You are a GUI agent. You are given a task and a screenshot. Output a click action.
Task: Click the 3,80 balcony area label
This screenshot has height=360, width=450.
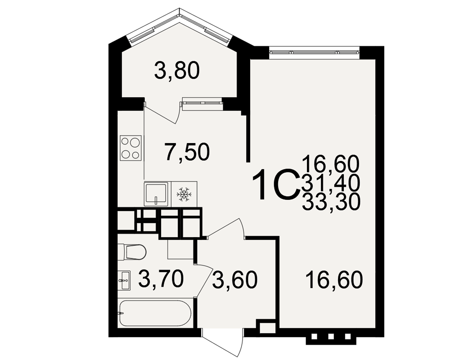tap(177, 71)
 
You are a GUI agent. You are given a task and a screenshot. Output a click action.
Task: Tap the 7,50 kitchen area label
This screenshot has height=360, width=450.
tap(187, 152)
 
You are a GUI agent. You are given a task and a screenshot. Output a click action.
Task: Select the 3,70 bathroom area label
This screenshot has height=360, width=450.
tap(161, 279)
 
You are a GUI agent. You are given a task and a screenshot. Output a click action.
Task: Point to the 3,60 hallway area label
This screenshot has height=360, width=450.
tap(235, 280)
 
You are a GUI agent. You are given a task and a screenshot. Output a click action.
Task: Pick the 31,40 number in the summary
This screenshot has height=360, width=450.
tap(330, 184)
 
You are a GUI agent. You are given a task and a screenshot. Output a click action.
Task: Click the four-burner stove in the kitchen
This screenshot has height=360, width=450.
tap(131, 148)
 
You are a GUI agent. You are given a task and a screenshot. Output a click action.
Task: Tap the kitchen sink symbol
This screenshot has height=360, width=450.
tap(156, 194)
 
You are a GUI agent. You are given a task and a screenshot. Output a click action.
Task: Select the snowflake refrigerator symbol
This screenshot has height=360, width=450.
tap(184, 194)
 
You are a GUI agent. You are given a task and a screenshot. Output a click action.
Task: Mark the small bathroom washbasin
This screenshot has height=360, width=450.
tap(124, 280)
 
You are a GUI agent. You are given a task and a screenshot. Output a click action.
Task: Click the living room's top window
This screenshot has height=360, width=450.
tap(314, 52)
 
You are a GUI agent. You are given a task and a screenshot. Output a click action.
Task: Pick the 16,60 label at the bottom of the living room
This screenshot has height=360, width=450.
tap(334, 280)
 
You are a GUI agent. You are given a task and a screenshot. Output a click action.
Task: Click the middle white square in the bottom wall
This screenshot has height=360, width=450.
tap(331, 337)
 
